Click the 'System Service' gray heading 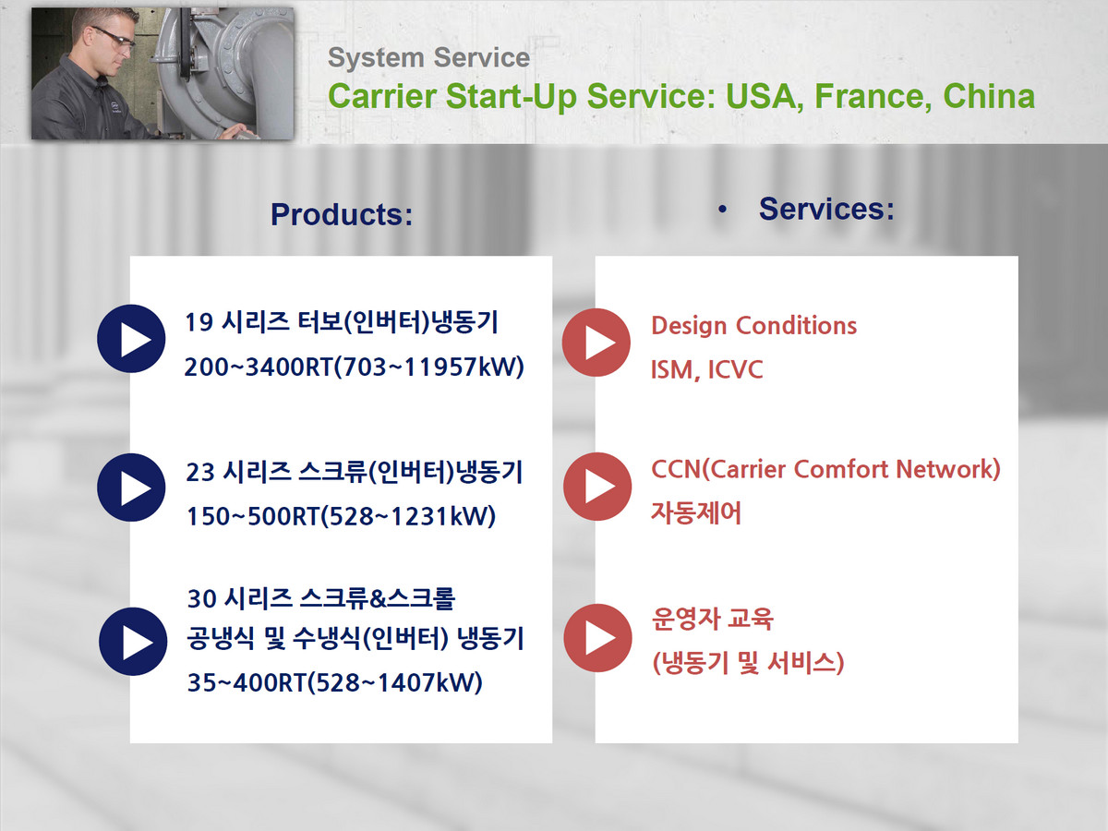[428, 58]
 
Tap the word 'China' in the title [989, 96]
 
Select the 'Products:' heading [342, 214]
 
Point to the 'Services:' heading [826, 209]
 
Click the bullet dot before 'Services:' [722, 210]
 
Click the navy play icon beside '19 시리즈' [131, 339]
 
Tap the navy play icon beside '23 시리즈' [131, 488]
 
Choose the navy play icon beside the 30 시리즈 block [133, 642]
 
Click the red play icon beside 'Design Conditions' [596, 343]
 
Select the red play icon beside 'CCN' [597, 487]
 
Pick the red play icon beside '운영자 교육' [597, 638]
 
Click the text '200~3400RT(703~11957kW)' [354, 367]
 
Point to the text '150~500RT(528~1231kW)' [342, 516]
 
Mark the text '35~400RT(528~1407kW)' [334, 682]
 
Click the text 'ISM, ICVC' [706, 370]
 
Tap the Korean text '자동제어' [696, 513]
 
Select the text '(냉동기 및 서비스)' [748, 662]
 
